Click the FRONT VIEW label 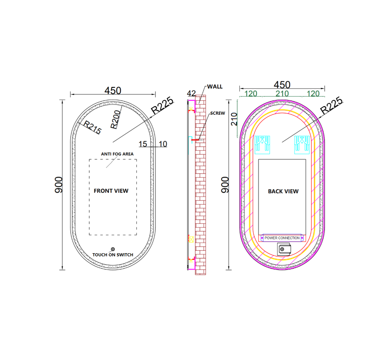click(111, 191)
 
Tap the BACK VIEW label click(283, 191)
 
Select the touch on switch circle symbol click(113, 249)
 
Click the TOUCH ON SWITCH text click(113, 255)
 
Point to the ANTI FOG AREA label click(117, 154)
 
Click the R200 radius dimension click(116, 119)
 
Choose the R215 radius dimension click(93, 127)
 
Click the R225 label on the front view click(162, 105)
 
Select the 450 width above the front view click(113, 90)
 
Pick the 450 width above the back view click(282, 85)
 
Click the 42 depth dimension click(191, 94)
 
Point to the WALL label click(215, 87)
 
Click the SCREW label click(218, 113)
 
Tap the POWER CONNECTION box click(282, 238)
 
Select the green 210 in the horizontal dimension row click(282, 94)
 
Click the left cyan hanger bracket click(263, 145)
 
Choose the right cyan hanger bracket click(302, 145)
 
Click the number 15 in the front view click(143, 144)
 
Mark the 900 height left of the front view click(59, 185)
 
